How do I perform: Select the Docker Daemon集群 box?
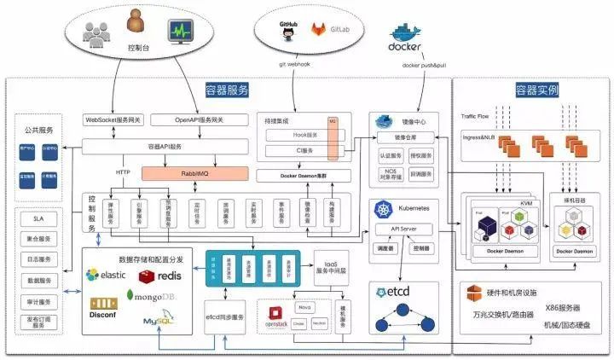coord(304,175)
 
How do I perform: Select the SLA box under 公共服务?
coord(38,218)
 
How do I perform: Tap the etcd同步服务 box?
coord(225,317)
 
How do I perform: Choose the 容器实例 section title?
coord(539,89)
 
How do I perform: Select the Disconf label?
coord(103,314)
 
